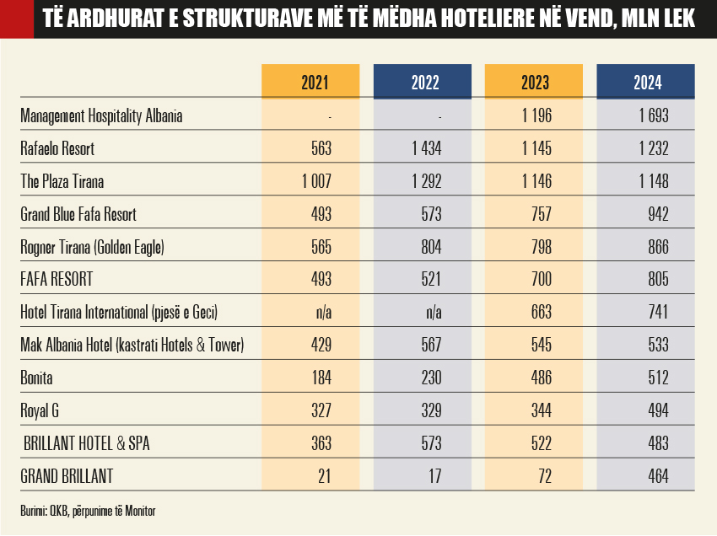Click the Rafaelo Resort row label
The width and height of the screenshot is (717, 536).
[x=57, y=149]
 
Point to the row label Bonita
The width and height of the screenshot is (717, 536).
[x=37, y=378]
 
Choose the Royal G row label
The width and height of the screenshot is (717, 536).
[x=40, y=411]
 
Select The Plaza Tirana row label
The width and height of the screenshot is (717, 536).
[x=62, y=182]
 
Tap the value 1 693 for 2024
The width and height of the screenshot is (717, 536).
[x=653, y=116]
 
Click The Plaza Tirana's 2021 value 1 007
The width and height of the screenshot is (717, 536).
[x=315, y=182]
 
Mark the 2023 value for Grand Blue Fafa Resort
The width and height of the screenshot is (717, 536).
[x=540, y=215]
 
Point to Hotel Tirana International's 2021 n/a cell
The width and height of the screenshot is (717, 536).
[x=322, y=313]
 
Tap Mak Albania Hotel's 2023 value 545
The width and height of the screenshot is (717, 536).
[x=540, y=346]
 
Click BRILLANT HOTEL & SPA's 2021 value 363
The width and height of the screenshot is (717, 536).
[x=320, y=444]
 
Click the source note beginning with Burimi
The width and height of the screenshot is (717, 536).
[x=89, y=511]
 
